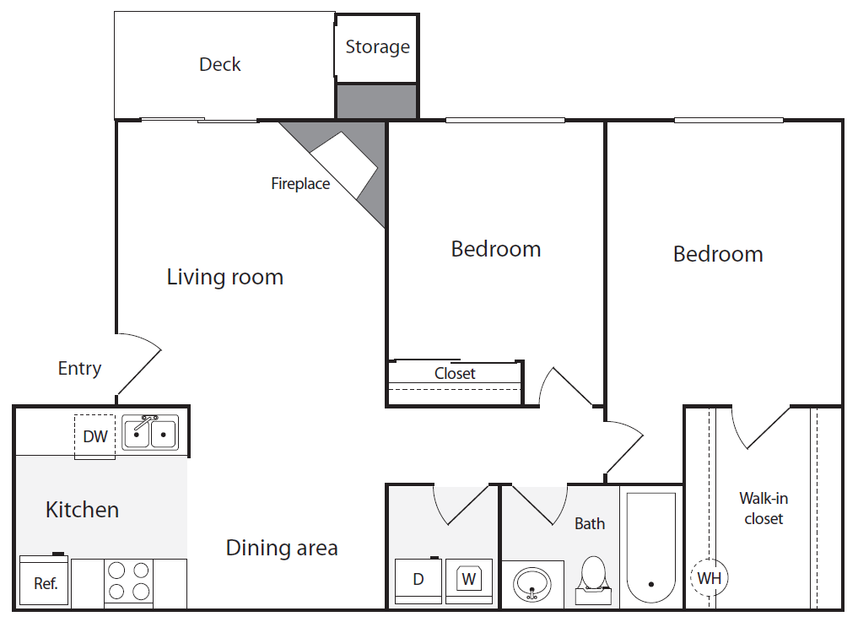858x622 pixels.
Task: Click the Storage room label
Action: click(x=377, y=47)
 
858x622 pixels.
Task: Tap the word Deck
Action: click(x=220, y=65)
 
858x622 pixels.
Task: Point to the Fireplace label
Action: click(x=300, y=184)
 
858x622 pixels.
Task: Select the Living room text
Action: click(x=224, y=277)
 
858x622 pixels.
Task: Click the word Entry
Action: click(x=79, y=369)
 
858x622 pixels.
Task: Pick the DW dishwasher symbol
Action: click(x=95, y=436)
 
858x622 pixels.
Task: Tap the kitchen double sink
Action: click(x=150, y=433)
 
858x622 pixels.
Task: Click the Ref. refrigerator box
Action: click(x=45, y=582)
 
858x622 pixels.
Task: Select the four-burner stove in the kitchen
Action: click(x=129, y=581)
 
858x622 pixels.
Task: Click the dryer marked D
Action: click(x=418, y=580)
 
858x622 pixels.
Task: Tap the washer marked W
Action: click(x=469, y=580)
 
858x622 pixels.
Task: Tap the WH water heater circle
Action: click(x=710, y=578)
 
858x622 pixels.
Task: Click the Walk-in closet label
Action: click(x=764, y=509)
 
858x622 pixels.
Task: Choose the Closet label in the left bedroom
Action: click(x=455, y=373)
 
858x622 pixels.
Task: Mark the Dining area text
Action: click(x=282, y=548)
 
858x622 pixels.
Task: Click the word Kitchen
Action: click(x=82, y=510)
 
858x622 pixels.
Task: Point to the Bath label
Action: click(x=590, y=524)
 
